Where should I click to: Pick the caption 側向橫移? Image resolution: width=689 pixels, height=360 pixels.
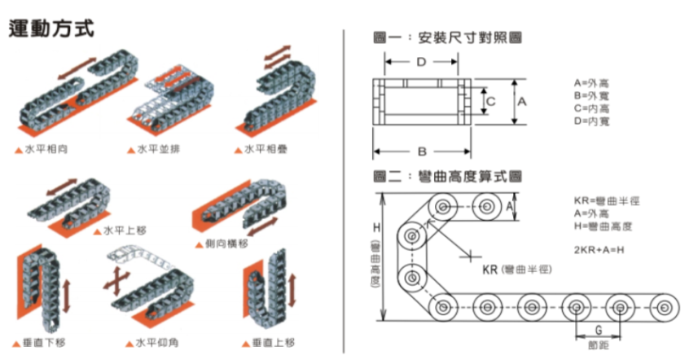coord(227,243)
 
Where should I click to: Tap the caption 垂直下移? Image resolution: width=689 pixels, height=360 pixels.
coord(40,342)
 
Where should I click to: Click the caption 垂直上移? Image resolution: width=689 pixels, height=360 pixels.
coord(272,342)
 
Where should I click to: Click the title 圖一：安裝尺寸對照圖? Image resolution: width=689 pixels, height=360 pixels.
coord(446,37)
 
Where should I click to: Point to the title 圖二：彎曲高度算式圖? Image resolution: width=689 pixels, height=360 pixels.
coord(446,176)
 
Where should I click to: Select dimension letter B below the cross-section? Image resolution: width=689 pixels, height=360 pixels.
coord(421,151)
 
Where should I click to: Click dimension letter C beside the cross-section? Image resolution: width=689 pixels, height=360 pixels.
coord(492,101)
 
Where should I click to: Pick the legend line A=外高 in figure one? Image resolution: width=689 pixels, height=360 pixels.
coord(592,84)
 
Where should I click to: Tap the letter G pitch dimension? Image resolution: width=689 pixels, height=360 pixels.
coord(599,332)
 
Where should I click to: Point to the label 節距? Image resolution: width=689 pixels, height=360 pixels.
coord(599,346)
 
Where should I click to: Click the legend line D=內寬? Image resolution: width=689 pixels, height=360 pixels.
coord(592,121)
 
